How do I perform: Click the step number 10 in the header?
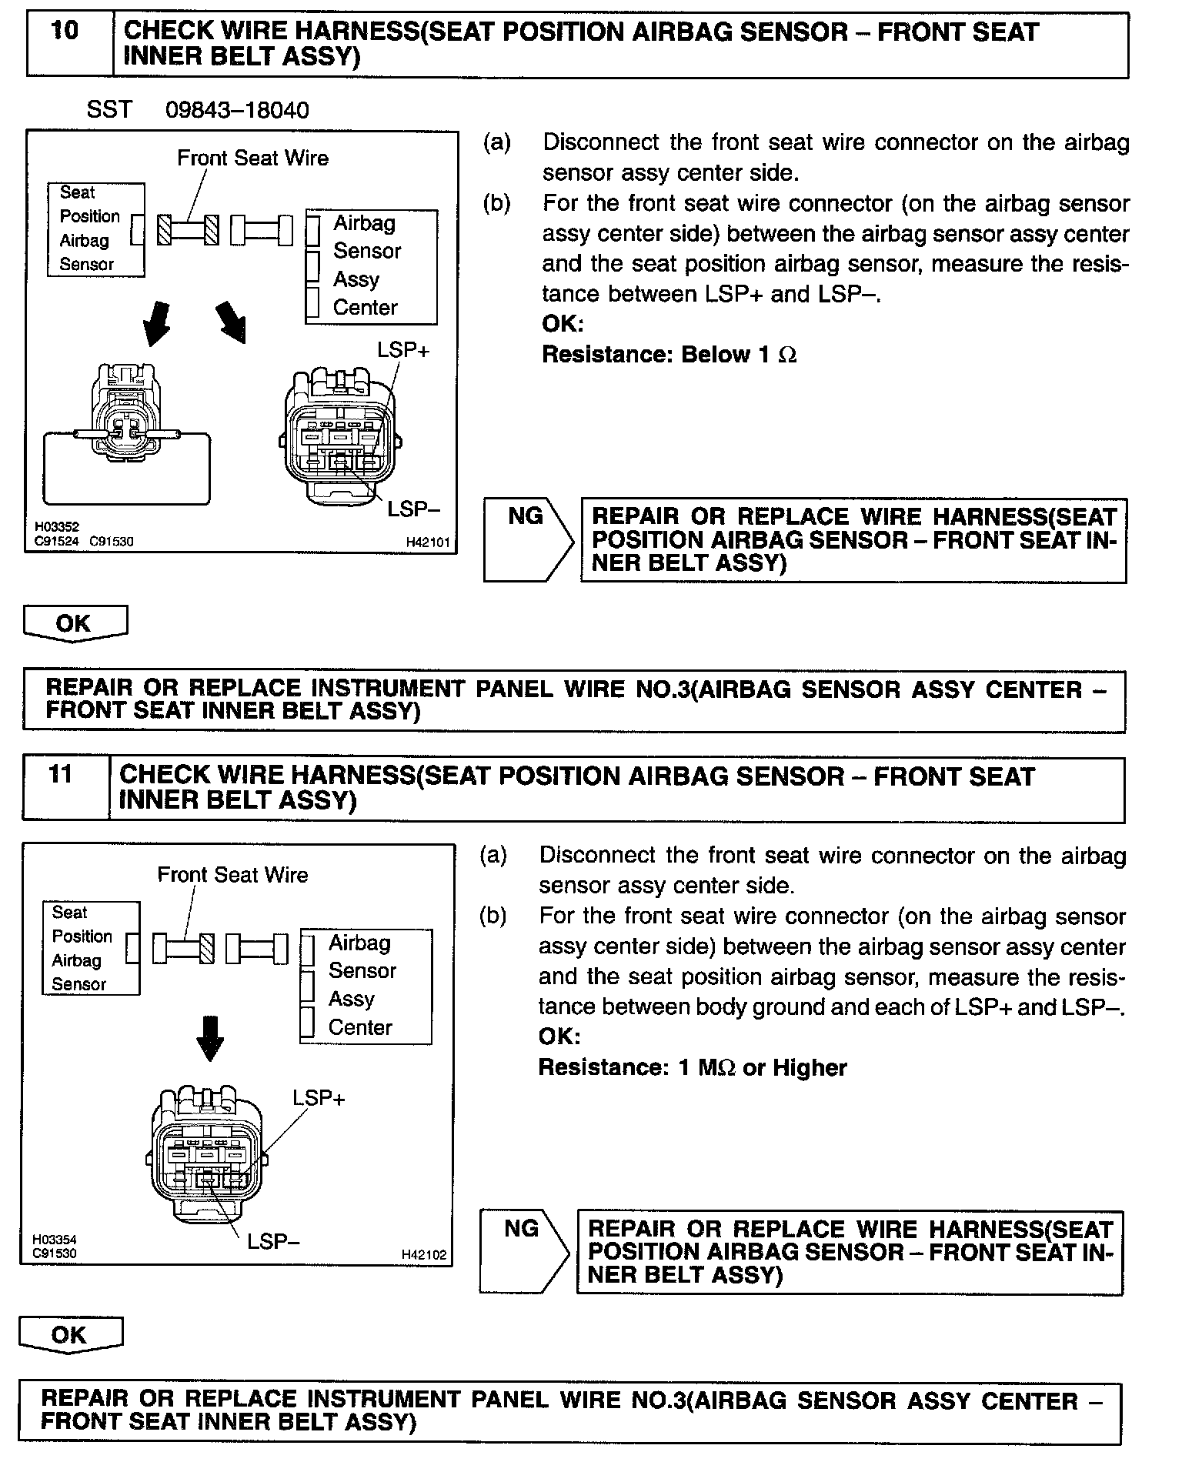(x=65, y=32)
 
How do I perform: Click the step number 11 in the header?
(x=60, y=774)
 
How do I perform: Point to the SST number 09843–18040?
(x=237, y=110)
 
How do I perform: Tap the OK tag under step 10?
(x=75, y=623)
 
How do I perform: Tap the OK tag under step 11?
(x=70, y=1335)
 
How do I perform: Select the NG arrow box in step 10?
(x=527, y=539)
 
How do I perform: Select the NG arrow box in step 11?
(x=523, y=1252)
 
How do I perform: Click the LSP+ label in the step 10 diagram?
(x=403, y=350)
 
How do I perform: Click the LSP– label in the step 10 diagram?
(x=413, y=509)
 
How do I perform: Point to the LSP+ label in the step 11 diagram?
(x=319, y=1098)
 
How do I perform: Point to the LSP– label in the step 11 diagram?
(x=273, y=1241)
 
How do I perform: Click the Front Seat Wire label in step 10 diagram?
(x=252, y=159)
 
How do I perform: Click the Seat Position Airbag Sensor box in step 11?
(x=91, y=948)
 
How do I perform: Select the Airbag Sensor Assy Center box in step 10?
(x=372, y=266)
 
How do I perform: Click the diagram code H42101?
(x=427, y=542)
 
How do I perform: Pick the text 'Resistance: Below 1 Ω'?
(x=669, y=355)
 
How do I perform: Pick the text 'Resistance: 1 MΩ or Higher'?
(x=692, y=1068)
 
